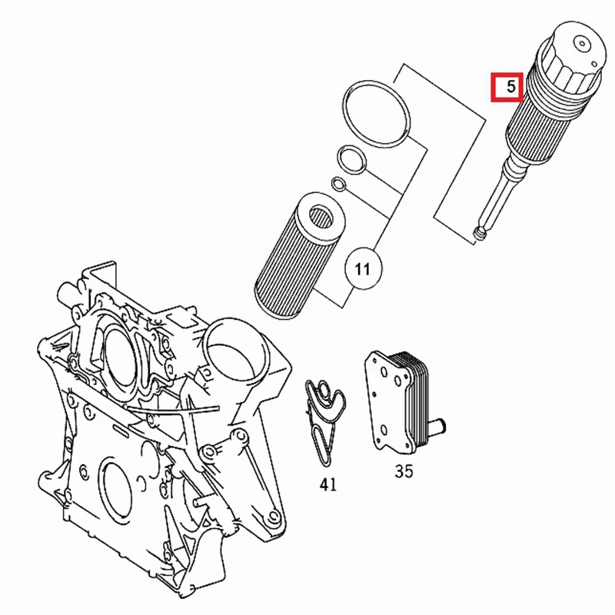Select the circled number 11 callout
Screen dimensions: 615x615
pos(363,269)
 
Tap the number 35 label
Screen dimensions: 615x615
pos(404,470)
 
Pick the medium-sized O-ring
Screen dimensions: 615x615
pos(351,159)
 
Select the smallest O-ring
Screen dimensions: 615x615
pos(337,183)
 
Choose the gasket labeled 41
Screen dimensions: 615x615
pos(325,419)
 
